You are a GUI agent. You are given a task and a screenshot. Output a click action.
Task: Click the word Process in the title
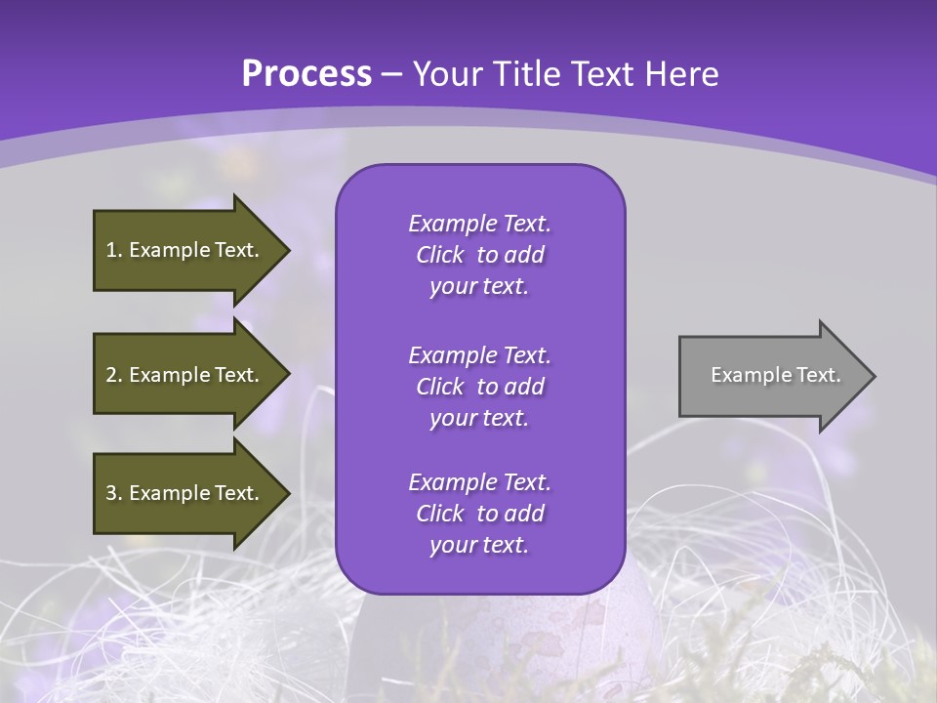pos(306,74)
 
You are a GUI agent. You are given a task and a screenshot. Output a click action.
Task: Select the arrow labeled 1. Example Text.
pos(185,250)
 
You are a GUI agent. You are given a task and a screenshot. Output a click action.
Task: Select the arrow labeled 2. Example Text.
pos(185,375)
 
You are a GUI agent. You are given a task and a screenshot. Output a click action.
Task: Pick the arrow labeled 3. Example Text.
pos(185,493)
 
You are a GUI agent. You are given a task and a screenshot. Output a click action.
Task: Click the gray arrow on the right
pos(771,376)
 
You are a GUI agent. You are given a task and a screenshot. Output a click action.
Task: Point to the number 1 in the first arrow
pos(111,250)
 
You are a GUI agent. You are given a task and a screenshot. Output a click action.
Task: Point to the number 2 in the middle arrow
pos(111,375)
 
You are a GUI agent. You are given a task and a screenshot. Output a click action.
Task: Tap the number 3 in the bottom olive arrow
pos(111,493)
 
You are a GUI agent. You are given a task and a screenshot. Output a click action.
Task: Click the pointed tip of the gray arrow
pos(872,376)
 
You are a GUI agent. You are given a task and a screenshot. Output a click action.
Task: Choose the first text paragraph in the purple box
pos(479,255)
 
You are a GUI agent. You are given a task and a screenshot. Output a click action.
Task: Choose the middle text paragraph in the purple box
pos(479,386)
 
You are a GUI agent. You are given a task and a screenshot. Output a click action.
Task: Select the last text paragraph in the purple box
pos(479,514)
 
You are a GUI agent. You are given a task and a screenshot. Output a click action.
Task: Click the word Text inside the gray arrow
pos(816,375)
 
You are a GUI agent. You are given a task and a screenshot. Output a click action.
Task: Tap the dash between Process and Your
pos(391,75)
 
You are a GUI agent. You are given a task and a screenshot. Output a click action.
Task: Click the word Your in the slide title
pos(449,74)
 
